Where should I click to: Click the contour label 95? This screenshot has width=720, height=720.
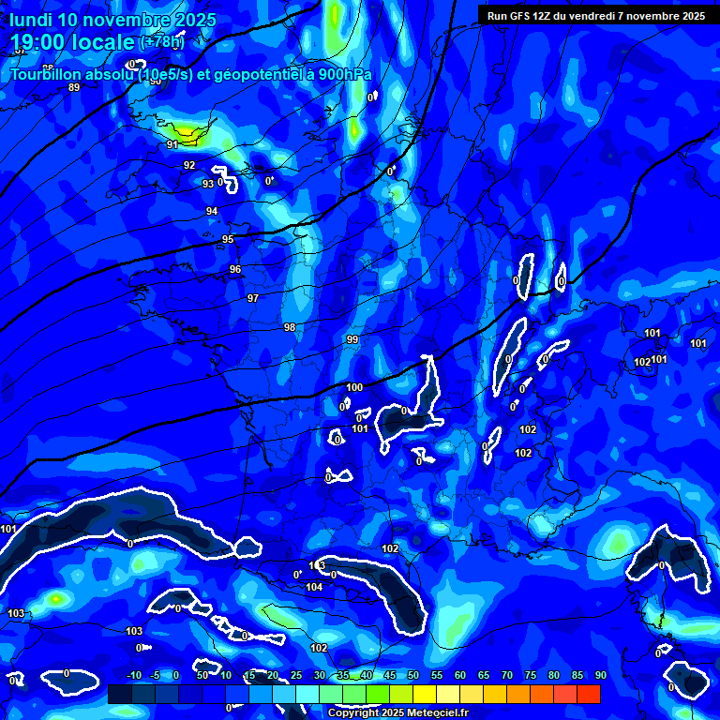tap(228, 240)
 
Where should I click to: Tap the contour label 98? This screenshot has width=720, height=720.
tap(290, 327)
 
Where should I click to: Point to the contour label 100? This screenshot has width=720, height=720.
tap(354, 387)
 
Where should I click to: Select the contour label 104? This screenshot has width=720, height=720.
tap(314, 588)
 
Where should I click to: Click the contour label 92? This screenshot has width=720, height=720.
tap(189, 165)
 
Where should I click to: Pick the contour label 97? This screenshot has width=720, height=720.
tap(253, 298)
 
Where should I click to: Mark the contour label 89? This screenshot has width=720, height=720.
tap(74, 87)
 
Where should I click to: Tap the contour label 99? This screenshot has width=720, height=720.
tap(352, 339)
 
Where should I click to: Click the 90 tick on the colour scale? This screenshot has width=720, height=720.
tap(600, 676)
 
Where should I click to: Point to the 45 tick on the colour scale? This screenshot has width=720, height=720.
tap(390, 676)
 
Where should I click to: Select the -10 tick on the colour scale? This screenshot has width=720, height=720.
tap(133, 676)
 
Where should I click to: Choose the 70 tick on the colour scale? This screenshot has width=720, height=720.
tap(507, 676)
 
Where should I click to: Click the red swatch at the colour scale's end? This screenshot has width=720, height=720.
tap(589, 694)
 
